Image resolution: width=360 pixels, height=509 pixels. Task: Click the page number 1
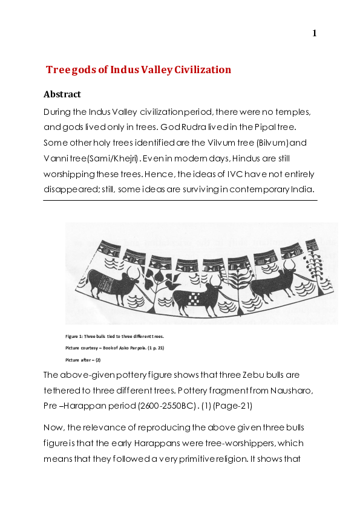pos(315,33)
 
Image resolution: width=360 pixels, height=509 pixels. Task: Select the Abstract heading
pos(62,94)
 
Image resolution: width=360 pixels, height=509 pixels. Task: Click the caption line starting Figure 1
pos(114,336)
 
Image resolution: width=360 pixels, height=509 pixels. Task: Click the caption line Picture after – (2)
pos(83,360)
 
